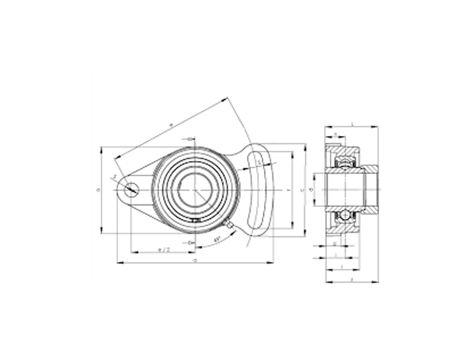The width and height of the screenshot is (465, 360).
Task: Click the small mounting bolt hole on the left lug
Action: click(x=132, y=190)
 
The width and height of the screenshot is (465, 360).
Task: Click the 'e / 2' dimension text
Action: click(x=163, y=249)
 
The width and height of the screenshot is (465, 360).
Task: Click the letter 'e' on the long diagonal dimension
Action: click(x=170, y=126)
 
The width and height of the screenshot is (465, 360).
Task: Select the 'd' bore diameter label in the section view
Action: click(x=311, y=190)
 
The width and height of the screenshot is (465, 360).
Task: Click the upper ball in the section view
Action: click(x=344, y=165)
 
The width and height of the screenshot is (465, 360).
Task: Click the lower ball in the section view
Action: click(x=344, y=215)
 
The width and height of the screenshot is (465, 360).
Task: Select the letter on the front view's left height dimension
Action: click(x=97, y=190)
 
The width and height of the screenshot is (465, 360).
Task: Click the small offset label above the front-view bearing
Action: click(x=188, y=139)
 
